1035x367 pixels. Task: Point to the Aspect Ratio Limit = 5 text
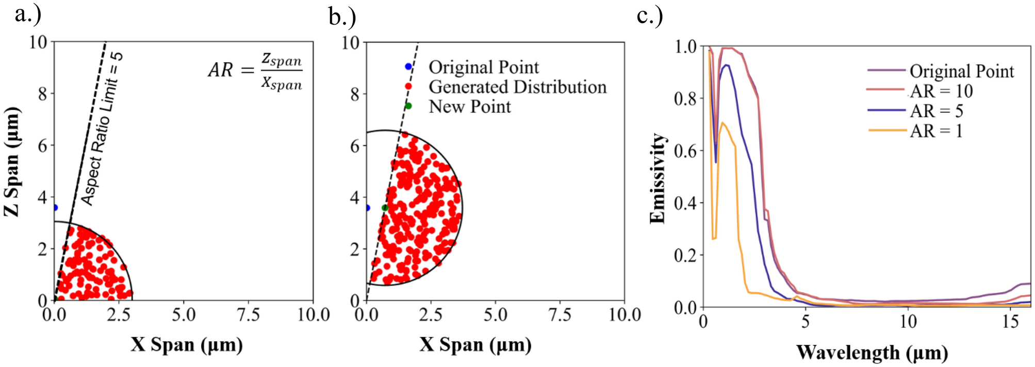(x=102, y=129)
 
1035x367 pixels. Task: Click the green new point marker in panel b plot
(x=385, y=208)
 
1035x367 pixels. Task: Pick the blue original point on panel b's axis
(x=367, y=208)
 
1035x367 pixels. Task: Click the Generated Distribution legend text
(x=517, y=87)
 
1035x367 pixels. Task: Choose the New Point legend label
(x=470, y=107)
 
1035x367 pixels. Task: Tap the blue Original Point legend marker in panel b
(x=408, y=66)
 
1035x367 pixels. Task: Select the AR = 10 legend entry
(x=941, y=91)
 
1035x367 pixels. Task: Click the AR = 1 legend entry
(x=936, y=131)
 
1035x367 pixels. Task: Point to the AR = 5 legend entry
(x=936, y=111)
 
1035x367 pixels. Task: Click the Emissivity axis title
(x=658, y=178)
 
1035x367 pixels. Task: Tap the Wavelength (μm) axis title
(x=872, y=353)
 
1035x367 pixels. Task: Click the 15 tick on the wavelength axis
(x=1010, y=322)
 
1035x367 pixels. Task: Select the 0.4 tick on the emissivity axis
(x=685, y=203)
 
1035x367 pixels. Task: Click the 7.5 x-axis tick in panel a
(x=248, y=314)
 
